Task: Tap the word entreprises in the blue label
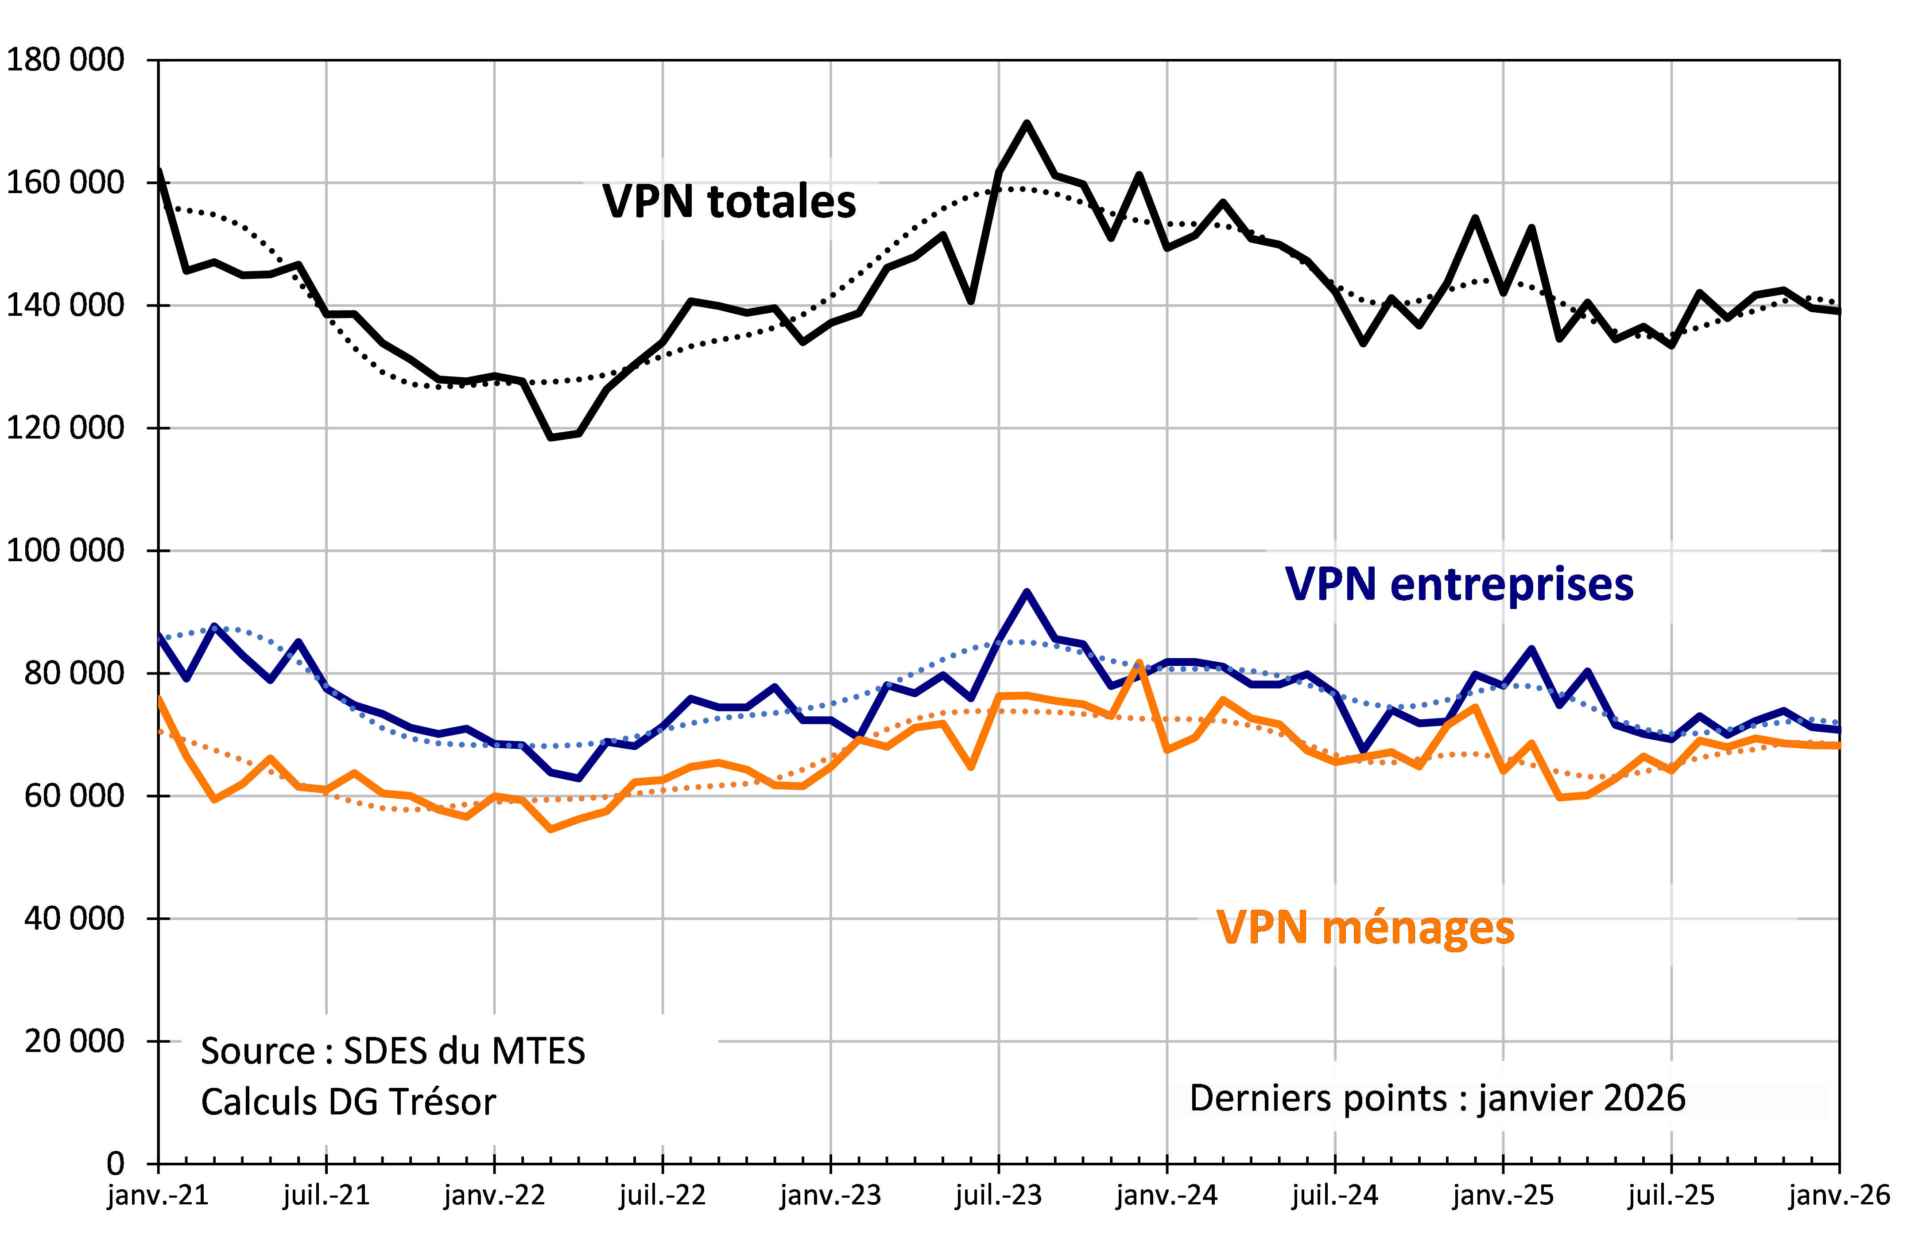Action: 1511,584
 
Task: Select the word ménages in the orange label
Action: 1418,928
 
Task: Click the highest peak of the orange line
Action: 1139,663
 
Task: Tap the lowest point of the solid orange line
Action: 551,829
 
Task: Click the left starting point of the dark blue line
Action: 160,637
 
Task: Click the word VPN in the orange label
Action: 1262,928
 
